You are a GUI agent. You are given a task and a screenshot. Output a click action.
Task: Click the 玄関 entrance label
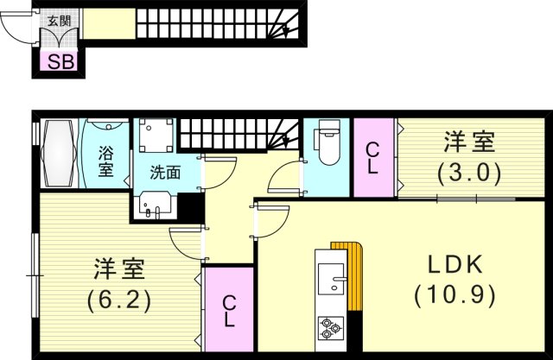pyautogui.click(x=60, y=21)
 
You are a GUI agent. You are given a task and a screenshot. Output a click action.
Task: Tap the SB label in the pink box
pyautogui.click(x=60, y=61)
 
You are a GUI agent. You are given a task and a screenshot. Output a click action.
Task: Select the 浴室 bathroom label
pyautogui.click(x=105, y=161)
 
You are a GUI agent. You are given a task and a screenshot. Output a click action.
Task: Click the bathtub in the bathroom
pyautogui.click(x=58, y=155)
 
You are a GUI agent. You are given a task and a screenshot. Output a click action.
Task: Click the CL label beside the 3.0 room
pyautogui.click(x=373, y=158)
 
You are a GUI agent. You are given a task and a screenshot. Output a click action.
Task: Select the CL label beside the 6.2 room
pyautogui.click(x=229, y=312)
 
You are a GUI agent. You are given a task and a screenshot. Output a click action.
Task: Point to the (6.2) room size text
pyautogui.click(x=119, y=301)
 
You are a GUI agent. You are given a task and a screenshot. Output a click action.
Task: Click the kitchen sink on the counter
pyautogui.click(x=331, y=278)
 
